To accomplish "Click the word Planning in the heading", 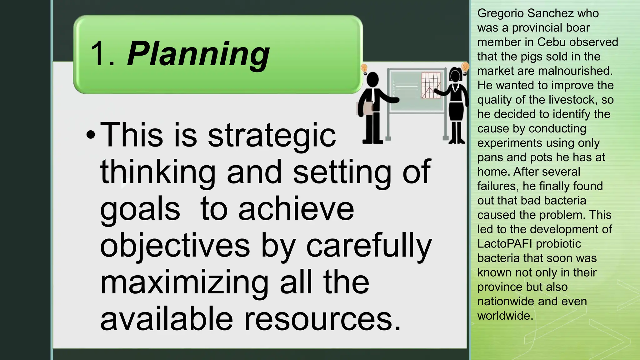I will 198,54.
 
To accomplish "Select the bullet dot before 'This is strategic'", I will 90,136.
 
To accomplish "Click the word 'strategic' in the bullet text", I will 272,136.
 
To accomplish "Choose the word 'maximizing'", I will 184,283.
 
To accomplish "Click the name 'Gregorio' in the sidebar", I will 500,13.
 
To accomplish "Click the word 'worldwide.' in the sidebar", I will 505,316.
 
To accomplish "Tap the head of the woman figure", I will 455,75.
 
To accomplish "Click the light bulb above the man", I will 364,68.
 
